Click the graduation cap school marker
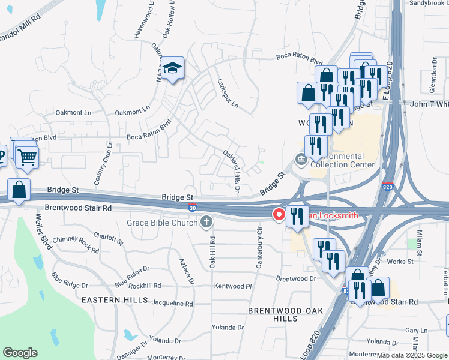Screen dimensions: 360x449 pos(173,69)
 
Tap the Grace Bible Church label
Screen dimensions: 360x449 pos(162,223)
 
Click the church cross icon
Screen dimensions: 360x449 pos(206,223)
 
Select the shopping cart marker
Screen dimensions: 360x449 pos(27,158)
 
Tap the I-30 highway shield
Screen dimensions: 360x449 pos(191,207)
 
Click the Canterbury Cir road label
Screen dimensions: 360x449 pos(259,247)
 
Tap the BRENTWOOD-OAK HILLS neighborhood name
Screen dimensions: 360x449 pos(273,314)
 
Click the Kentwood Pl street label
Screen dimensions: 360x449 pos(232,287)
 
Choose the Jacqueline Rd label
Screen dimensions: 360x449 pos(172,304)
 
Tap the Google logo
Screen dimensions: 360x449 pos(20,353)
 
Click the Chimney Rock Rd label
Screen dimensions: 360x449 pos(76,243)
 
